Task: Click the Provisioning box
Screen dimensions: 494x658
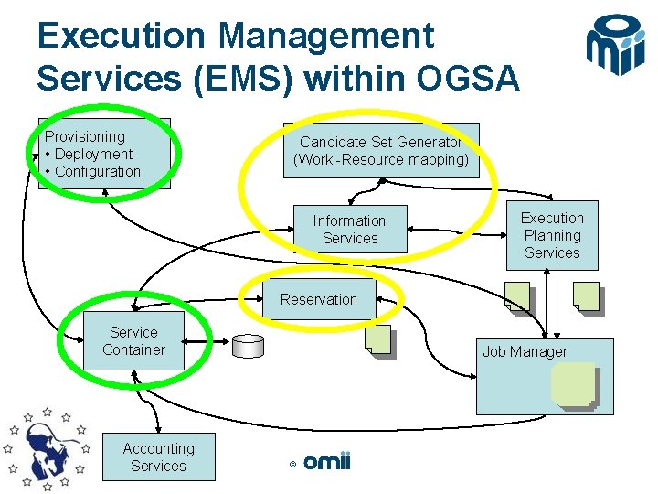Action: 104,153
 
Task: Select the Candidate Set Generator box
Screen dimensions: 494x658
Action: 380,151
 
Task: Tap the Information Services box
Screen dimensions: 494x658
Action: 349,229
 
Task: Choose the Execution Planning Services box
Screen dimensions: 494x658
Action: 552,235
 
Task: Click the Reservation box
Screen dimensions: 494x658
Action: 319,299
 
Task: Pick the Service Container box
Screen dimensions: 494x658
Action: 133,341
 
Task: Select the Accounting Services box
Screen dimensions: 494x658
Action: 158,456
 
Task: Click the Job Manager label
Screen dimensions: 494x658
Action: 525,351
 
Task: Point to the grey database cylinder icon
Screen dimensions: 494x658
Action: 248,345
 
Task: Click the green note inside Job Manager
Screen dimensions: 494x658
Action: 573,385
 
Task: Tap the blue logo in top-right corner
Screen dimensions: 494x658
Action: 616,46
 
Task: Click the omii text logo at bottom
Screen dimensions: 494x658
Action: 326,463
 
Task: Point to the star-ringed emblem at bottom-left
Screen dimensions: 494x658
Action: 46,448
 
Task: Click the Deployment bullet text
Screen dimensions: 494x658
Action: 93,154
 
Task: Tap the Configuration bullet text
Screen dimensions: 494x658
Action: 98,171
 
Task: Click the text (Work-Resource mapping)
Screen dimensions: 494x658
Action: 380,160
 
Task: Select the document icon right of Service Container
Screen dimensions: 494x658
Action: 377,339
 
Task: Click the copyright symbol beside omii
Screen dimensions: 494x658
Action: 292,465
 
